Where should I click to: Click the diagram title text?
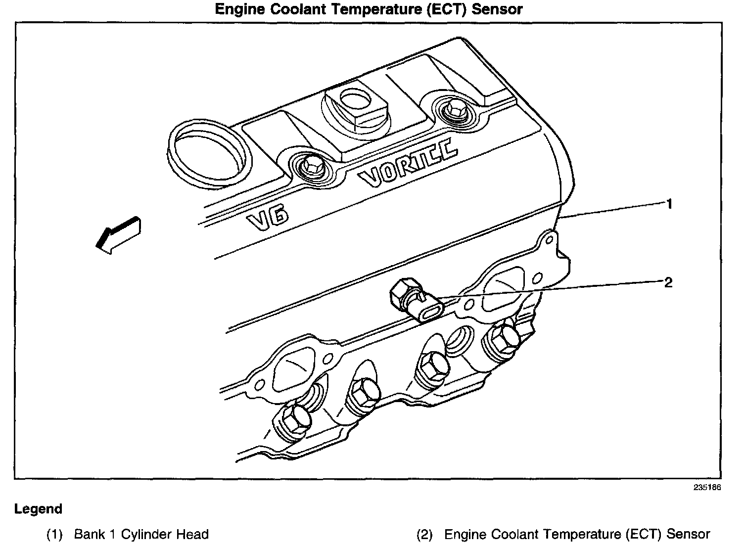click(x=369, y=9)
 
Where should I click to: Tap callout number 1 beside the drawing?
click(x=669, y=204)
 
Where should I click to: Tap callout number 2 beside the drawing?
click(x=668, y=283)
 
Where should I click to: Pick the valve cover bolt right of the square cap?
click(x=451, y=111)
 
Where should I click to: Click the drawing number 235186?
click(x=707, y=487)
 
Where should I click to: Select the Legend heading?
click(x=39, y=509)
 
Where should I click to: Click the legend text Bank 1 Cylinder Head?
click(x=141, y=535)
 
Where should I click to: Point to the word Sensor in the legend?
click(x=688, y=535)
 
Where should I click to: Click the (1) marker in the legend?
click(x=55, y=535)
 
